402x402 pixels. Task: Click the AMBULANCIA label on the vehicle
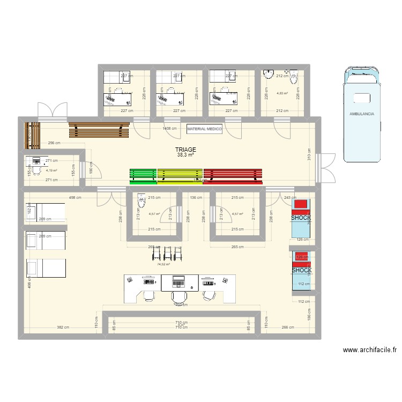(x=361, y=114)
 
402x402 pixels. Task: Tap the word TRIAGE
(x=185, y=150)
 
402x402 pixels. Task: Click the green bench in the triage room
(x=143, y=174)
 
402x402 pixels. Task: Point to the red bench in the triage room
(x=234, y=174)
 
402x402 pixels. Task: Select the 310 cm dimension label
(x=309, y=155)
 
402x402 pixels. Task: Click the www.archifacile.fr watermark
(x=369, y=350)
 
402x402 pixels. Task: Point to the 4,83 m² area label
(x=282, y=93)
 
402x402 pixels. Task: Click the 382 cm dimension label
(x=64, y=327)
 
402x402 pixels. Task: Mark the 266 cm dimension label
(x=288, y=327)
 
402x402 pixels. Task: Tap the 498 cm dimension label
(x=75, y=197)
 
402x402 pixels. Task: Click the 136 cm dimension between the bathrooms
(x=196, y=197)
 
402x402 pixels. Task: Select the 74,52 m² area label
(x=163, y=264)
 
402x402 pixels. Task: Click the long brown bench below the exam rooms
(x=99, y=130)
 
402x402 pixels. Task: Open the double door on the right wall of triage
(x=326, y=166)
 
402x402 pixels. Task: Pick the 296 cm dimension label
(x=54, y=144)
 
